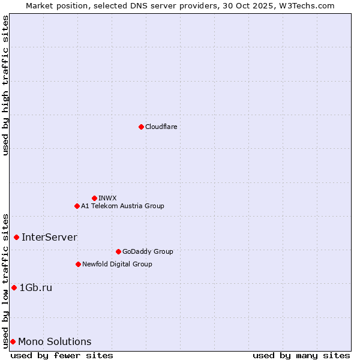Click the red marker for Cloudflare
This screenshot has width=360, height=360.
pyautogui.click(x=141, y=127)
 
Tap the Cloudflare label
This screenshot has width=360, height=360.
pyautogui.click(x=161, y=127)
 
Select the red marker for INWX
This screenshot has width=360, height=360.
pyautogui.click(x=94, y=198)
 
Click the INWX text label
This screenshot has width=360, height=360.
pyautogui.click(x=107, y=198)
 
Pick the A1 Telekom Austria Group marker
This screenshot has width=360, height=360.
pyautogui.click(x=77, y=206)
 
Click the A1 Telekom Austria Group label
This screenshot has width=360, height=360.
pyautogui.click(x=122, y=206)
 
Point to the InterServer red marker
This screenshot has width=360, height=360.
pyautogui.click(x=16, y=237)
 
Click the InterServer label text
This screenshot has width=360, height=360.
pyautogui.click(x=49, y=237)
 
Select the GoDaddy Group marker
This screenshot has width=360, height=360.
pyautogui.click(x=118, y=251)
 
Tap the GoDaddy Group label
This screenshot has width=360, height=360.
pyautogui.click(x=148, y=251)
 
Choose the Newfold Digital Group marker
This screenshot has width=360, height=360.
pyautogui.click(x=78, y=264)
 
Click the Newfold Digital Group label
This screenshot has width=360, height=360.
pyautogui.click(x=117, y=264)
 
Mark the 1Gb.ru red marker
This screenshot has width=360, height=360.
pyautogui.click(x=14, y=287)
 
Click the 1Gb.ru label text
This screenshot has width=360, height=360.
pyautogui.click(x=36, y=287)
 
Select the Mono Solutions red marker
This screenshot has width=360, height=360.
pyautogui.click(x=13, y=341)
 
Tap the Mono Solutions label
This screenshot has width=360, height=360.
pyautogui.click(x=55, y=341)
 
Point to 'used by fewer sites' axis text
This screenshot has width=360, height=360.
pyautogui.click(x=62, y=355)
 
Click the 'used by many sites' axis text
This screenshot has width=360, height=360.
pyautogui.click(x=301, y=355)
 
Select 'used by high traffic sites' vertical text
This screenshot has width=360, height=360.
pyautogui.click(x=6, y=85)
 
